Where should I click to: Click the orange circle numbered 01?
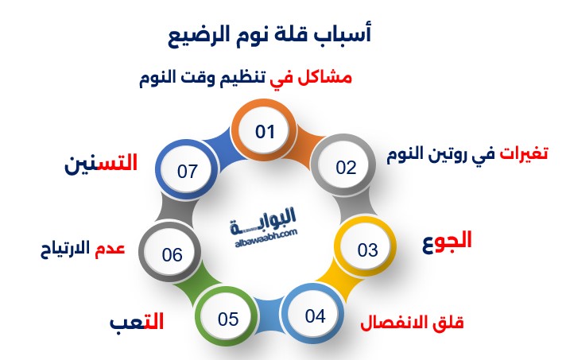(x=264, y=130)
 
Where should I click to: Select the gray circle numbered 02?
(x=343, y=165)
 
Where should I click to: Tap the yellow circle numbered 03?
(x=365, y=247)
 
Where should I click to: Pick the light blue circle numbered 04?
(x=312, y=315)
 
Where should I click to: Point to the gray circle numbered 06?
(x=170, y=252)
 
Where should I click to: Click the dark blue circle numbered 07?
(x=187, y=170)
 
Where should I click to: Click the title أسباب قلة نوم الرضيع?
(x=269, y=35)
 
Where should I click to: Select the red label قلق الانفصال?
(x=412, y=323)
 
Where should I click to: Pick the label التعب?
(x=137, y=321)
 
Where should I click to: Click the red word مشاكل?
(x=324, y=77)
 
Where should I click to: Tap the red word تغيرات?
(x=524, y=153)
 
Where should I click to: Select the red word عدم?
(x=110, y=249)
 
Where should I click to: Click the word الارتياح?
(x=65, y=249)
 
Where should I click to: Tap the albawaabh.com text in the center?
(x=266, y=238)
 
